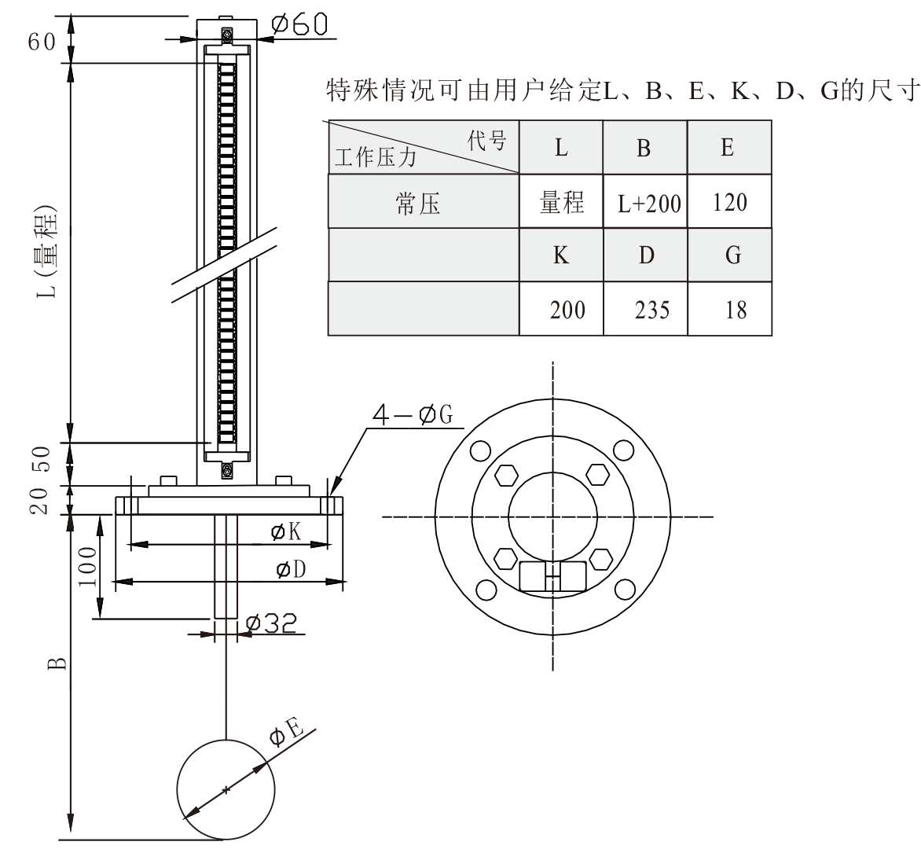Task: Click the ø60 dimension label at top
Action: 298,24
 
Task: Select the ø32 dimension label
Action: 271,623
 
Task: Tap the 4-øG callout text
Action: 413,415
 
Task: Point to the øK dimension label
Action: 286,533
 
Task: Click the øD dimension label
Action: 290,570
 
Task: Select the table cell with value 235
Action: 651,309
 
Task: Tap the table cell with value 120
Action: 728,203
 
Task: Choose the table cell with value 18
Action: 735,309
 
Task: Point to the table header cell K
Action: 561,255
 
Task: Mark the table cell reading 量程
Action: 561,203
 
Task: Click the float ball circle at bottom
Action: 226,789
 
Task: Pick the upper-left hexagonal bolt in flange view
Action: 507,476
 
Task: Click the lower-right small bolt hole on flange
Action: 624,589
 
